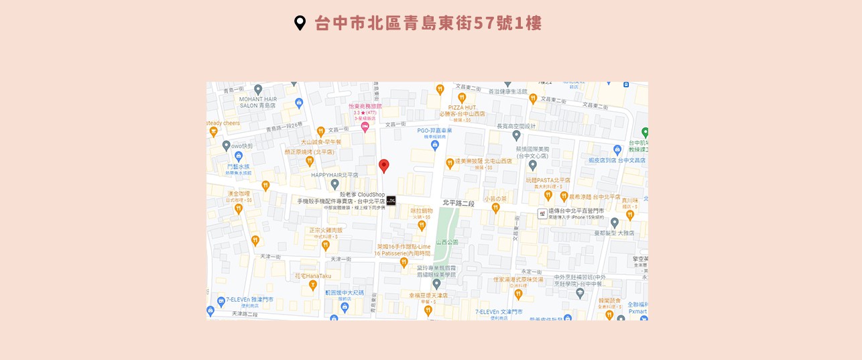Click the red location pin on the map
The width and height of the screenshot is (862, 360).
point(383,166)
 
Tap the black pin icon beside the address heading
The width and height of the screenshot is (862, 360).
point(300,23)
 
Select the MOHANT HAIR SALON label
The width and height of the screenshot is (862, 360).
point(258,102)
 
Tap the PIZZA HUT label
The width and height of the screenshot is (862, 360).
point(462,107)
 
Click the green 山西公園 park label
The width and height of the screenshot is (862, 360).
point(447,242)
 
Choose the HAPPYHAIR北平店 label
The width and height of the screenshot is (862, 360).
point(334,174)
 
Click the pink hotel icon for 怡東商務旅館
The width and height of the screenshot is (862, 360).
point(365,127)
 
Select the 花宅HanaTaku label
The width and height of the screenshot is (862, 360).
point(313,276)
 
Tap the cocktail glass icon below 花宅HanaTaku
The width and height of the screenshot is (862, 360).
point(312,286)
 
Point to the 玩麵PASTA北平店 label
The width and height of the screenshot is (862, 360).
point(548,180)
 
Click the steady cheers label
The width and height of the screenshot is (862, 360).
point(223,123)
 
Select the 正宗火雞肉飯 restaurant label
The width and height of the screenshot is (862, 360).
point(326,230)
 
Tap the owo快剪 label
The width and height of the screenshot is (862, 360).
point(242,145)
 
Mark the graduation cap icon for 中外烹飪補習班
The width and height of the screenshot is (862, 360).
point(580,293)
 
